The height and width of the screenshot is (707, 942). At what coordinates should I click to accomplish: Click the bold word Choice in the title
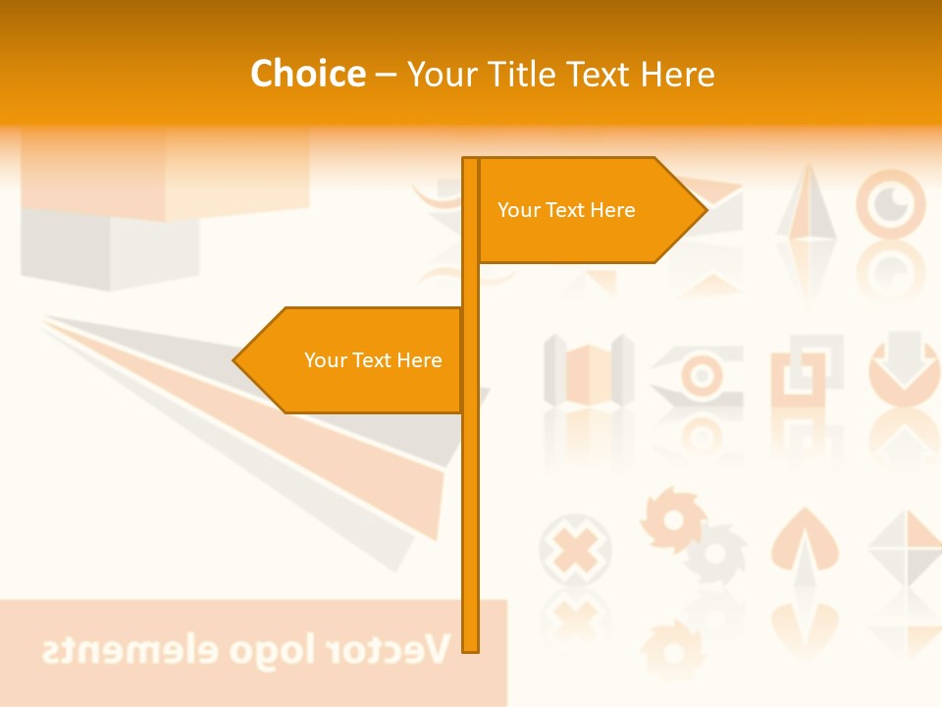click(307, 74)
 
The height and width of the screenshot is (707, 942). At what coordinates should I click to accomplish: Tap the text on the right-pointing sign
click(566, 210)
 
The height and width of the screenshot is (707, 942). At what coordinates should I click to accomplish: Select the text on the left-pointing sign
click(373, 360)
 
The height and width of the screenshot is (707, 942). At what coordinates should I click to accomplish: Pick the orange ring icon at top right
click(890, 203)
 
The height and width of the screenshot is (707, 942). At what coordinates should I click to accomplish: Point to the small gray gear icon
click(716, 553)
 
